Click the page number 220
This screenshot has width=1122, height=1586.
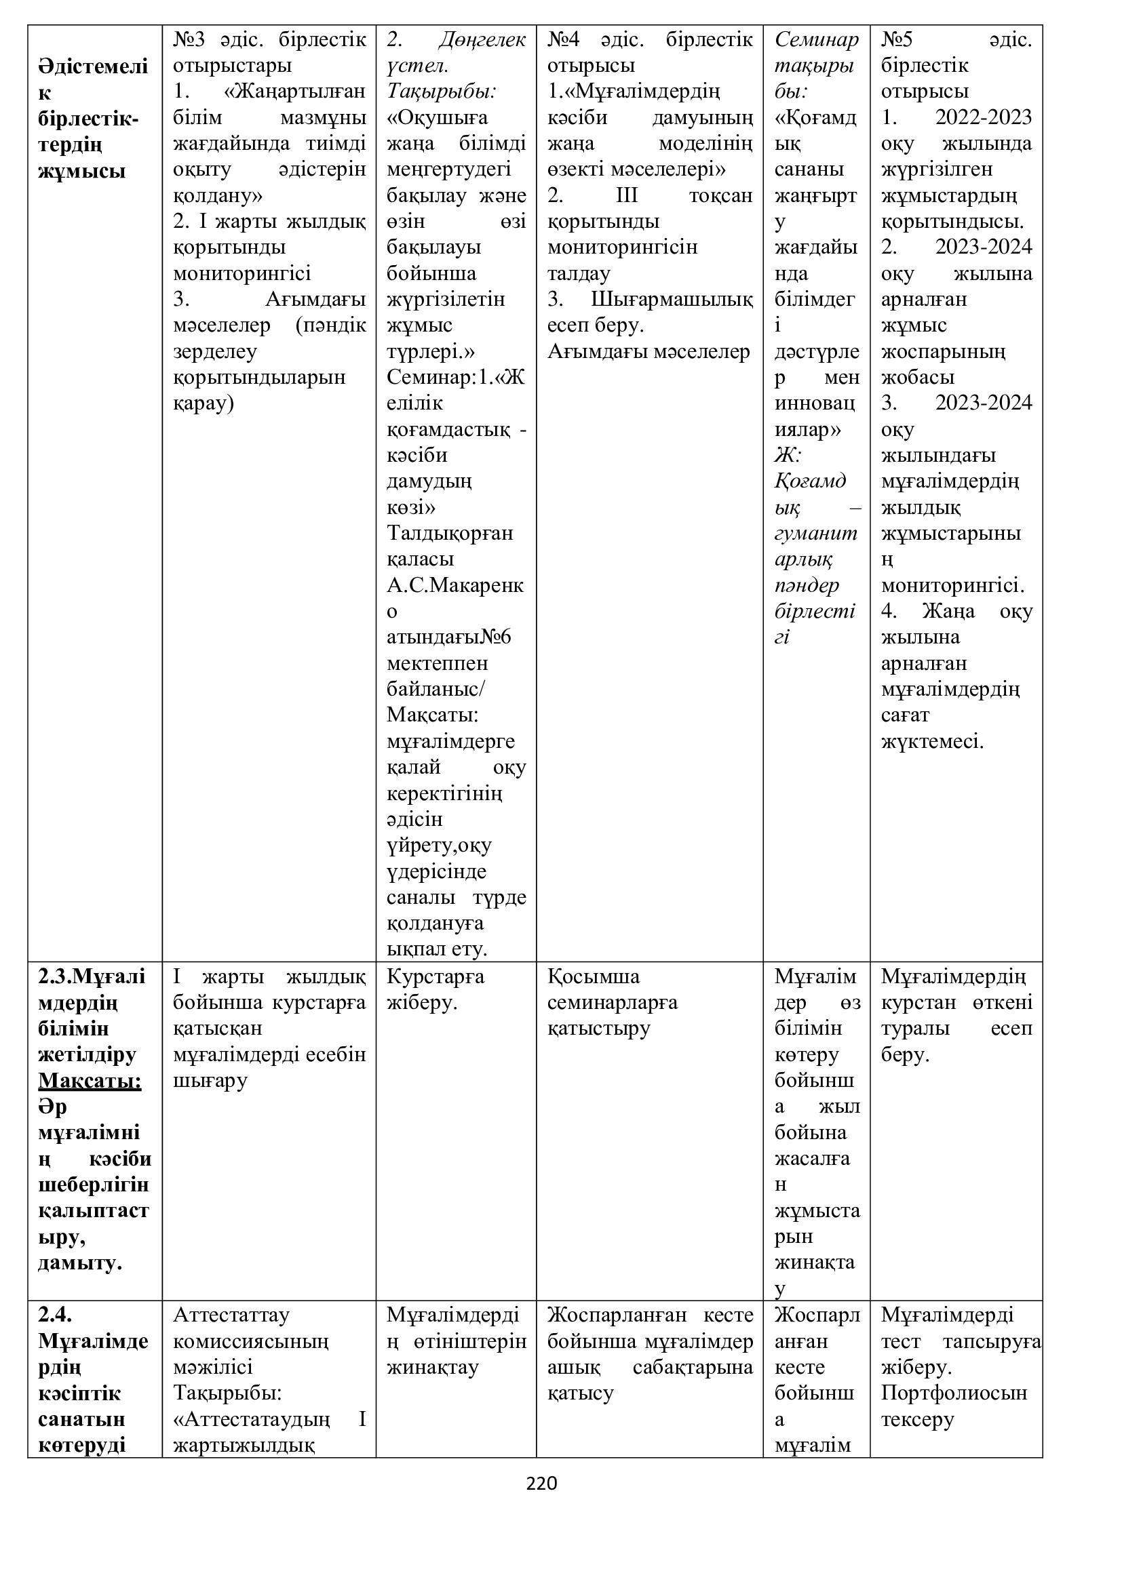541,1483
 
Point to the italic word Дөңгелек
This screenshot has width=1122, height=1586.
482,39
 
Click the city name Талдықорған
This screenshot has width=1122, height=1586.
449,533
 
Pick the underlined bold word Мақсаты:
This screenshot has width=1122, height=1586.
90,1080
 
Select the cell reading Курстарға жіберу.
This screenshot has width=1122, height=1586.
436,989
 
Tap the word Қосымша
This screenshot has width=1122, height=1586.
594,976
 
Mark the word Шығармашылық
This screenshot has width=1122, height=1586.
672,299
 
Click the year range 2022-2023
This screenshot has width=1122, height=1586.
983,117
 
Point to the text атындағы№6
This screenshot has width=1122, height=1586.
448,636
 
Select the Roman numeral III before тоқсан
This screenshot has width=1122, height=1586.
627,195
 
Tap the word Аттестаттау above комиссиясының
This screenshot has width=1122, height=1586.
231,1315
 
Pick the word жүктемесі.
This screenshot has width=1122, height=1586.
931,741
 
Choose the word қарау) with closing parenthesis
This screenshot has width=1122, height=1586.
203,403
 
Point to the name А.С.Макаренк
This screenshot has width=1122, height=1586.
454,585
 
